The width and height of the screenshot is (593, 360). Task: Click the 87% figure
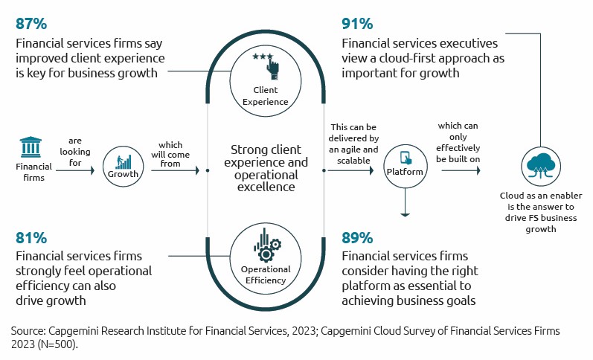pos(31,23)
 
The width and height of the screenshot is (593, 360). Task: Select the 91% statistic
pos(357,23)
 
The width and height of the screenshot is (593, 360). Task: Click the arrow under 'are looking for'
pos(75,170)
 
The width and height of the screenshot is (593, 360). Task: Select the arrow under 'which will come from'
pos(175,170)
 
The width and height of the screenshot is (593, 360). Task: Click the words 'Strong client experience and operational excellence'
pos(266,169)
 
